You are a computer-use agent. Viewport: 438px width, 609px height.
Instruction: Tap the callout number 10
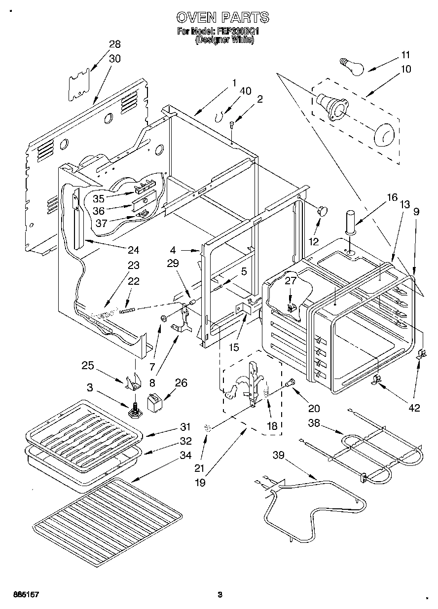405,69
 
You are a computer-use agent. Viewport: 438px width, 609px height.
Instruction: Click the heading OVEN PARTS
223,17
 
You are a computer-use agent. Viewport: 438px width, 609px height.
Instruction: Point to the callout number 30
114,58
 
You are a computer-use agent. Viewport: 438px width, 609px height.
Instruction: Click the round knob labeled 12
323,211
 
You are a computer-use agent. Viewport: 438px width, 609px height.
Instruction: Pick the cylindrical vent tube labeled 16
351,222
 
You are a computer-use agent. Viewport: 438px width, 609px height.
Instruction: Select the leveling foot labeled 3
134,410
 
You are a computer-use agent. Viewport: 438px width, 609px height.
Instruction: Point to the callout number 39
279,455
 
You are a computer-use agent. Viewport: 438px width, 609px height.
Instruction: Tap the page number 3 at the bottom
220,595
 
